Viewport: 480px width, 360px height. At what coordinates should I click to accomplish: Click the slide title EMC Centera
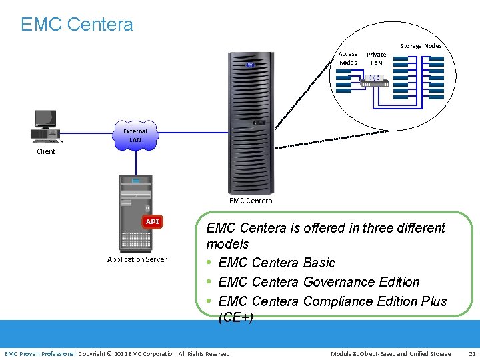pos(77,25)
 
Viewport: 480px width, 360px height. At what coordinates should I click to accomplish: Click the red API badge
pos(153,221)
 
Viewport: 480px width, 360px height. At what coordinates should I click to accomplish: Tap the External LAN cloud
pos(135,135)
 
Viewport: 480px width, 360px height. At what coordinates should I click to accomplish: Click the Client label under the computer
pos(46,151)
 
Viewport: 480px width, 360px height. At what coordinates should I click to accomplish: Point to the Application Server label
pos(137,259)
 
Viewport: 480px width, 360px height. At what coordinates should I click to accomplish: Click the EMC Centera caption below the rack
pos(251,201)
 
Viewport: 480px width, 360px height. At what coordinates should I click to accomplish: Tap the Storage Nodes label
pos(421,46)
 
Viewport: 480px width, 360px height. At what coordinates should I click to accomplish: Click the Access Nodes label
pos(348,58)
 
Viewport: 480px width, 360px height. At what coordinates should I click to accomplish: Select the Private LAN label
pos(377,59)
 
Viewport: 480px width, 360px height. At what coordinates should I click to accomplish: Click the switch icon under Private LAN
pos(373,79)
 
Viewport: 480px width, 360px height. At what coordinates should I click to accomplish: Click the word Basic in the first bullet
pos(319,263)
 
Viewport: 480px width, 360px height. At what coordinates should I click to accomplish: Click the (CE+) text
pos(235,317)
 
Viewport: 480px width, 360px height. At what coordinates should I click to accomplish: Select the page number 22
pos(472,353)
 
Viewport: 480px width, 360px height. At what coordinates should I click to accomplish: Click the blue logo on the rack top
pos(250,65)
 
